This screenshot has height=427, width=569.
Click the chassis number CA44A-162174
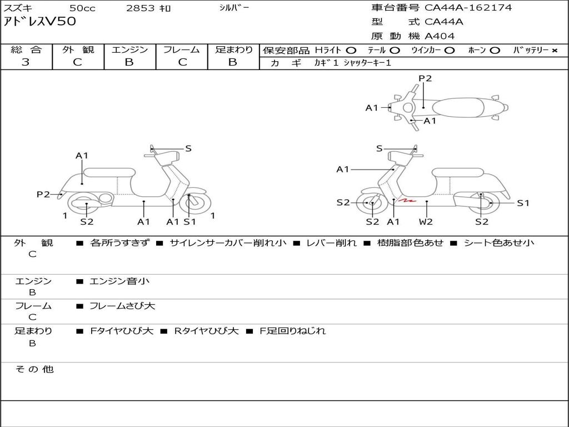pyautogui.click(x=468, y=8)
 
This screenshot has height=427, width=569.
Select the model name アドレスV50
pyautogui.click(x=40, y=22)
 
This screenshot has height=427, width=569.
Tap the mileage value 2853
pyautogui.click(x=142, y=8)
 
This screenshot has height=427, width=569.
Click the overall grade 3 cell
pyautogui.click(x=26, y=62)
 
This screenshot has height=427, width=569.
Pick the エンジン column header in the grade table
pyautogui.click(x=129, y=49)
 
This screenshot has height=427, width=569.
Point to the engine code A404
pyautogui.click(x=440, y=36)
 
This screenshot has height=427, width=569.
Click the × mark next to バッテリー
pyautogui.click(x=554, y=50)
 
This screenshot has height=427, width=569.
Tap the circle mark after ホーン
pyautogui.click(x=495, y=50)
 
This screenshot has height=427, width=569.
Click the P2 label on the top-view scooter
pyautogui.click(x=425, y=78)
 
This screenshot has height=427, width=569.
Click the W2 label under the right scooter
pyautogui.click(x=426, y=222)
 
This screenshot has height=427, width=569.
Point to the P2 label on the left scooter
pyautogui.click(x=43, y=194)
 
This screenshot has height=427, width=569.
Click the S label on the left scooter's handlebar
pyautogui.click(x=188, y=148)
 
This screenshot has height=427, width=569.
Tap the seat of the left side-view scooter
pyautogui.click(x=108, y=172)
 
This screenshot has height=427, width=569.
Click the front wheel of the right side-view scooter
pyautogui.click(x=372, y=203)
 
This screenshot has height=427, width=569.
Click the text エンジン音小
pyautogui.click(x=119, y=281)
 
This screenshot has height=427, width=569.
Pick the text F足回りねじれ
pyautogui.click(x=293, y=331)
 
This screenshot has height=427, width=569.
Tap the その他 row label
pyautogui.click(x=34, y=369)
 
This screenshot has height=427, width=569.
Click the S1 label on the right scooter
pyautogui.click(x=523, y=203)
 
